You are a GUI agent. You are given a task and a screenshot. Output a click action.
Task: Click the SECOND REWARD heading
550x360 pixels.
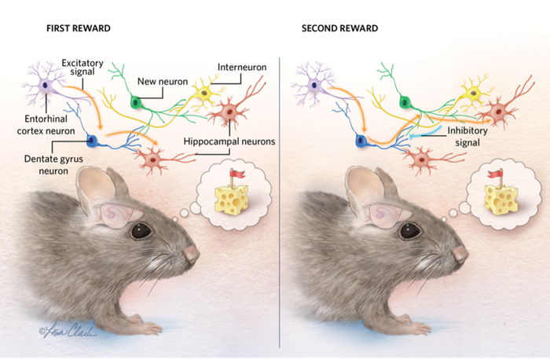click(339, 29)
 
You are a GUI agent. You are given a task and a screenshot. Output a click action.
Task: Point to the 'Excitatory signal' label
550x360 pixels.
click(84, 66)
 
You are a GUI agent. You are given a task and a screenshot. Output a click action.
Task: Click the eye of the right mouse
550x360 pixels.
click(409, 231)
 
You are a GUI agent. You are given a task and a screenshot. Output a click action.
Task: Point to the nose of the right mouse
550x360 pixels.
click(460, 254)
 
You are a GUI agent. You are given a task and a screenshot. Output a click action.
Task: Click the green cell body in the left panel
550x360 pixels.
click(136, 101)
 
